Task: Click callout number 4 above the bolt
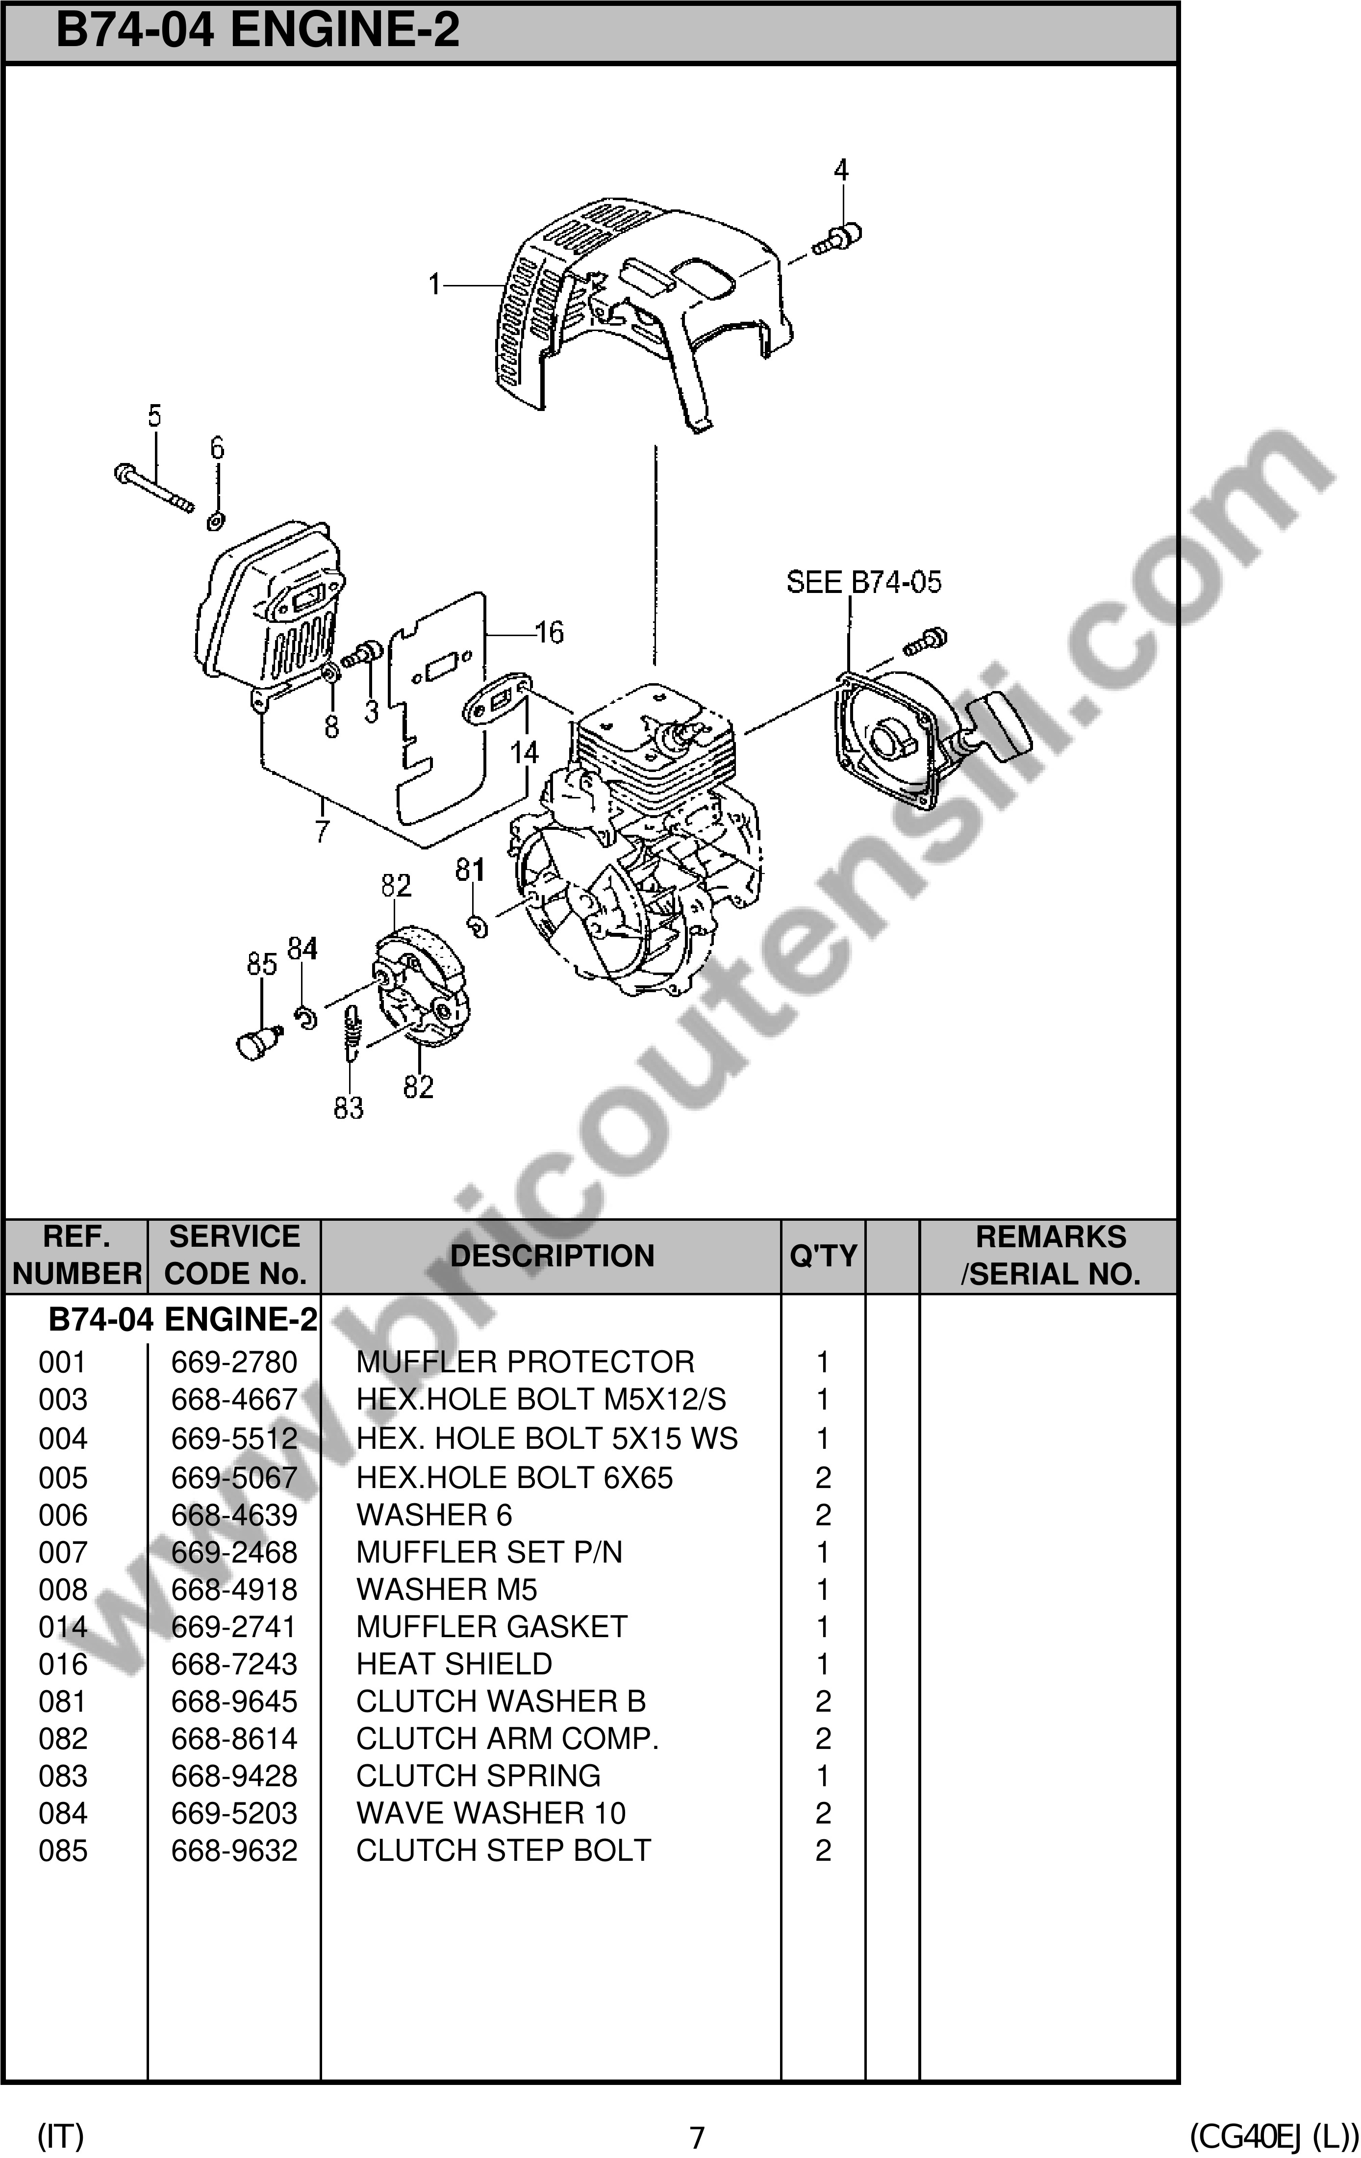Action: [840, 169]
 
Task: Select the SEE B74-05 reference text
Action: [864, 583]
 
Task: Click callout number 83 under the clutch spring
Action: [349, 1107]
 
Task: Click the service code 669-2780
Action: [234, 1362]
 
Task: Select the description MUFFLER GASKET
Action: [491, 1626]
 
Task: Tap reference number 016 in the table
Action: [63, 1664]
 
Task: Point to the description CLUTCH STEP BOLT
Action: [503, 1850]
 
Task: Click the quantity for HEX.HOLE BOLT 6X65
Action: [823, 1478]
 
